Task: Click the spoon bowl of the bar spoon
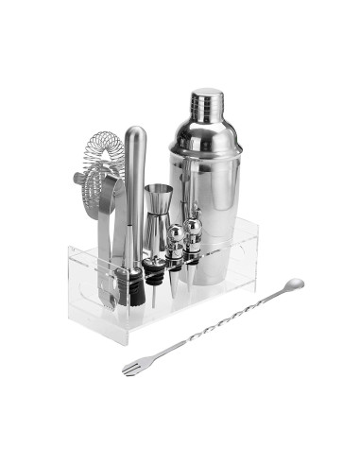pyautogui.click(x=293, y=283)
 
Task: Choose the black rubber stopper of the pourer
pyautogui.click(x=136, y=284)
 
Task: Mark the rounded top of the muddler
pyautogui.click(x=136, y=134)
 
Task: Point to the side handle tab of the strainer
pyautogui.click(x=77, y=178)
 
